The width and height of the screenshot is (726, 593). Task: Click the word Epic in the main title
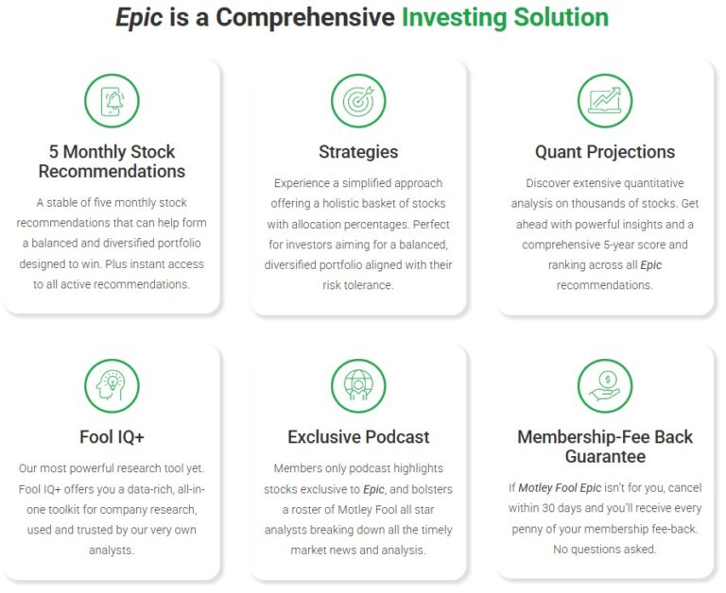pyautogui.click(x=139, y=18)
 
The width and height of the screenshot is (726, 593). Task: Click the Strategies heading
pyautogui.click(x=358, y=152)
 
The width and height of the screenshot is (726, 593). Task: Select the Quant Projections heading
pyautogui.click(x=605, y=152)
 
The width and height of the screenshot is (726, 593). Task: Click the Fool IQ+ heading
pyautogui.click(x=112, y=437)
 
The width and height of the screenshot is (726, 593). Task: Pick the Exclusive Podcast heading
pyautogui.click(x=358, y=437)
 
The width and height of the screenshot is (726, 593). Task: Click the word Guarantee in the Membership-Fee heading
pyautogui.click(x=605, y=457)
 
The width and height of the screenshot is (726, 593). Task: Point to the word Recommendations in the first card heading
pyautogui.click(x=112, y=172)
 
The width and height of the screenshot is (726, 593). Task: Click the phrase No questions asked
pyautogui.click(x=605, y=549)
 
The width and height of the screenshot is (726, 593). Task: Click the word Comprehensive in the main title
pyautogui.click(x=304, y=18)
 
